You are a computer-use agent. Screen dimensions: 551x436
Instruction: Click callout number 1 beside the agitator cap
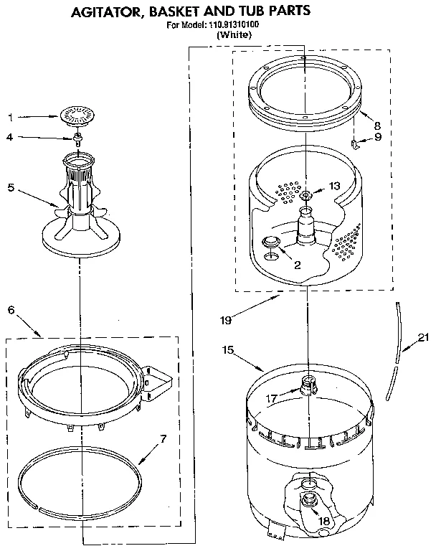pos(10,116)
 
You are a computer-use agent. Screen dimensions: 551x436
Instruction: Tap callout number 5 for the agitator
pos(10,188)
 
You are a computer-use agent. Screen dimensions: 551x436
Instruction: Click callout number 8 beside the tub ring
pos(376,124)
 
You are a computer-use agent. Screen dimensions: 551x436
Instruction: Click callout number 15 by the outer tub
pos(228,350)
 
